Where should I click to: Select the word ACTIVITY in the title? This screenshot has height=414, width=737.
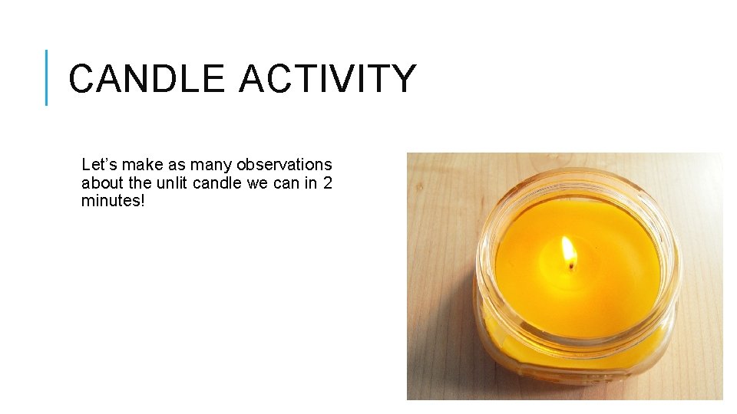point(328,79)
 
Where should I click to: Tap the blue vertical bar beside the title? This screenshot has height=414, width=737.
point(47,77)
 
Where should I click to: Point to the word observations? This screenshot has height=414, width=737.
point(284,165)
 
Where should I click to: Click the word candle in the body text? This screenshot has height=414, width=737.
point(216,183)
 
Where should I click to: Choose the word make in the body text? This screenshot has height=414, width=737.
point(140,165)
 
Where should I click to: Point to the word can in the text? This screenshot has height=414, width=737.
point(286,183)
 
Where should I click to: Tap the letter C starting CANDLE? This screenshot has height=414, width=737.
point(82,79)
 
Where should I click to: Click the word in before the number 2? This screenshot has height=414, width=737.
point(310,183)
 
